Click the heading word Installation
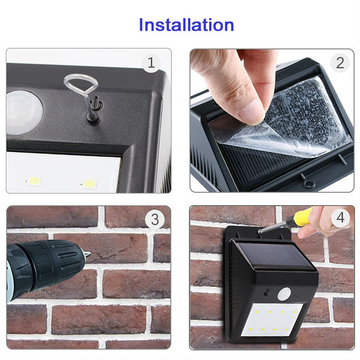tap(186, 25)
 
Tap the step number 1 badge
tap(151, 63)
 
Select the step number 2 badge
tap(340, 63)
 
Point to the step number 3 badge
tap(155, 219)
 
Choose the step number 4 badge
tap(340, 217)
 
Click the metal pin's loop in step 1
tap(81, 83)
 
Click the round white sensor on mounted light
tap(284, 294)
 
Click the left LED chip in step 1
tap(35, 181)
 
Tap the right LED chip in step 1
tap(90, 184)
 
